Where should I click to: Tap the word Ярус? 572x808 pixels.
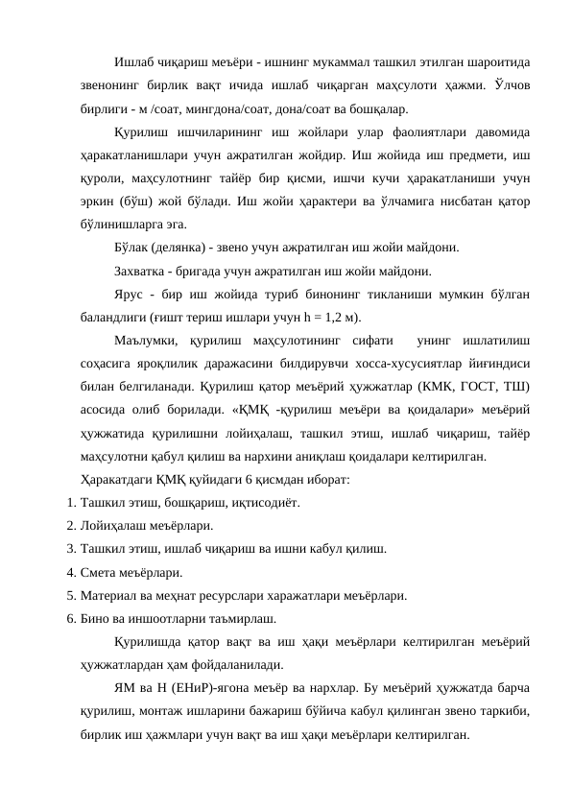click(x=129, y=295)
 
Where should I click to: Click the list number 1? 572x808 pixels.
click(x=72, y=503)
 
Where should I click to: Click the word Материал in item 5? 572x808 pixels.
click(x=111, y=595)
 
